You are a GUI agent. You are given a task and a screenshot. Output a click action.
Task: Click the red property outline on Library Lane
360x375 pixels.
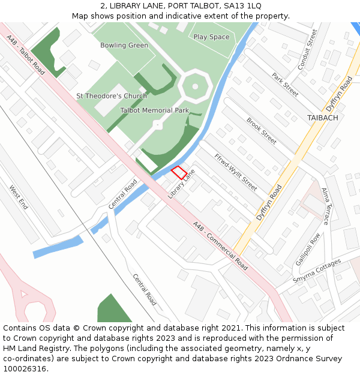pos(179,173)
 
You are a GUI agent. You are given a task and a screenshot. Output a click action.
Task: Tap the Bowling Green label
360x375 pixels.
pos(124,46)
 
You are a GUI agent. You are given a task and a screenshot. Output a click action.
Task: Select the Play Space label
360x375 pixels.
pos(211,37)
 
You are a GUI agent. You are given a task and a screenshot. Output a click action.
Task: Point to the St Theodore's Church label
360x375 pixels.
pos(112,96)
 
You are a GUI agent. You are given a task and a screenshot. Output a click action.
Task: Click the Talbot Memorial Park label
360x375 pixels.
pos(154,110)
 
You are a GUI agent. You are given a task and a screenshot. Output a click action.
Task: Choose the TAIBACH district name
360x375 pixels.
pos(322,118)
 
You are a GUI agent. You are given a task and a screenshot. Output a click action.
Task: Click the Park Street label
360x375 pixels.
pos(285,85)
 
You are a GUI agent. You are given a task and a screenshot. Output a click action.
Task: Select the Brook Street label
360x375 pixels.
pos(262,131)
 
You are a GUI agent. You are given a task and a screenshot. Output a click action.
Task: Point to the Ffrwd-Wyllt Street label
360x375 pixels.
pos(235,172)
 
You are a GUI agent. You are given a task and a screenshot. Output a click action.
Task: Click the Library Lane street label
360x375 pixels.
pos(182,184)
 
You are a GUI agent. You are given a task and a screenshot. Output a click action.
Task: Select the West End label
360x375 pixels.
pos(19,197)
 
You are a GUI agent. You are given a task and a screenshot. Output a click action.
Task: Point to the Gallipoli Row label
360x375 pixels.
pos(308,249)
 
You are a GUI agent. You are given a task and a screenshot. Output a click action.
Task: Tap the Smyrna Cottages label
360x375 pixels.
pos(317,271)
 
